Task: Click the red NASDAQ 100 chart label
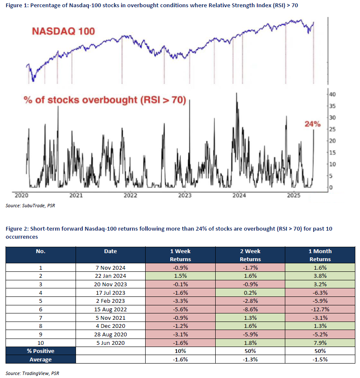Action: coord(63,31)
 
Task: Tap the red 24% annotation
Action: coord(312,124)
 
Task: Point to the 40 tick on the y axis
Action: coord(332,94)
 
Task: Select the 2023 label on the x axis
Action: coord(185,195)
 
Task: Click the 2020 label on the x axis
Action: coord(22,195)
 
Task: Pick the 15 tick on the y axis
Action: coord(332,152)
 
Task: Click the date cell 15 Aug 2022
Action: coord(110,309)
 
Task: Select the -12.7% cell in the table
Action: coord(320,309)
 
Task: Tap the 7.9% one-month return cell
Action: coord(320,343)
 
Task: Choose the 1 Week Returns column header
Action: coord(180,255)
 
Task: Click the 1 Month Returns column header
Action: coord(320,255)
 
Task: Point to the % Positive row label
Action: coord(40,351)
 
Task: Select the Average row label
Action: coord(40,359)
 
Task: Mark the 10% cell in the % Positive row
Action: coord(180,351)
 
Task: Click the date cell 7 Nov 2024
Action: coord(110,268)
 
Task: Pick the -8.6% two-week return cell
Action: coord(250,309)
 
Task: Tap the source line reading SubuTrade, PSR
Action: coord(31,206)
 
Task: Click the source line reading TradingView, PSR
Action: coord(32,373)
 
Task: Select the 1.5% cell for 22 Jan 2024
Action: coord(180,276)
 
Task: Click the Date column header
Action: coord(110,251)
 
